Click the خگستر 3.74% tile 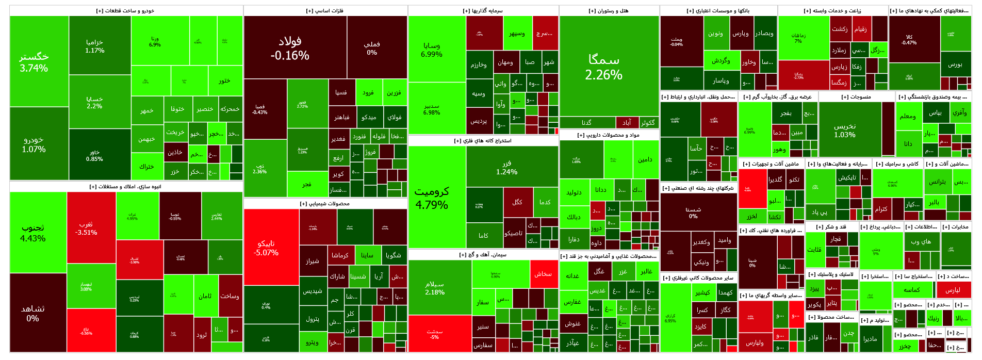(34, 62)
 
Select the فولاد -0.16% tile (290, 48)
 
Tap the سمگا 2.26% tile (604, 67)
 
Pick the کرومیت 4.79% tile (432, 198)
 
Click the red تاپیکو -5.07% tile (266, 248)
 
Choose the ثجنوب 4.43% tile (33, 233)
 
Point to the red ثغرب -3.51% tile (86, 228)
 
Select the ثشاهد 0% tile (32, 313)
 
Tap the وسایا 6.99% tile (432, 50)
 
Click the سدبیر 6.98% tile (432, 109)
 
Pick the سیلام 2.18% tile (435, 288)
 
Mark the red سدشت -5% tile (435, 334)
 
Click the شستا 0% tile (693, 212)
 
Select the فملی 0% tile (372, 48)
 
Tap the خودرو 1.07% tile (34, 144)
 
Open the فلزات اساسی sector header (325, 11)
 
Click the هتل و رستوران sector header (609, 11)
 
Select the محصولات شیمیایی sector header (325, 204)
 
